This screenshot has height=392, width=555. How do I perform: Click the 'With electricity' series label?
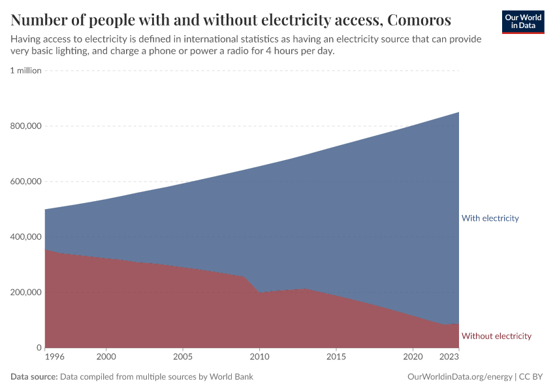click(490, 218)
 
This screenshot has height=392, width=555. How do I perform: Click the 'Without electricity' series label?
click(496, 336)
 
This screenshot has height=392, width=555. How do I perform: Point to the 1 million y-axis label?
click(25, 71)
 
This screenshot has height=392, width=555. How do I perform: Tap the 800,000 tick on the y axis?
click(25, 126)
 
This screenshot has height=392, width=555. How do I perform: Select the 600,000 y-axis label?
click(25, 182)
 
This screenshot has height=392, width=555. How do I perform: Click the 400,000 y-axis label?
click(25, 237)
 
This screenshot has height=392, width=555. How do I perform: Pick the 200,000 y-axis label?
click(25, 292)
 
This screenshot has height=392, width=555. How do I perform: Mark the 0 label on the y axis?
click(39, 348)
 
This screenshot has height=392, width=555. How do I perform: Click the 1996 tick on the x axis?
click(54, 357)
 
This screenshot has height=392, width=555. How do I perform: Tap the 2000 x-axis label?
click(106, 357)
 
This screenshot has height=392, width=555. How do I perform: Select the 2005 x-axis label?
click(183, 357)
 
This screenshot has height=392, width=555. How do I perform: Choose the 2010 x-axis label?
click(259, 357)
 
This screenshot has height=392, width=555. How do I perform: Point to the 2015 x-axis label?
click(336, 357)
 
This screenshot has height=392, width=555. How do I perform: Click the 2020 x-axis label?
click(413, 357)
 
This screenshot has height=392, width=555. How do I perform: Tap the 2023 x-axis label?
click(449, 357)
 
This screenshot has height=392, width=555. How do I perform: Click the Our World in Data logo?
click(523, 22)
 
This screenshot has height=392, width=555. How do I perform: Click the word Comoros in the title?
click(419, 19)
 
